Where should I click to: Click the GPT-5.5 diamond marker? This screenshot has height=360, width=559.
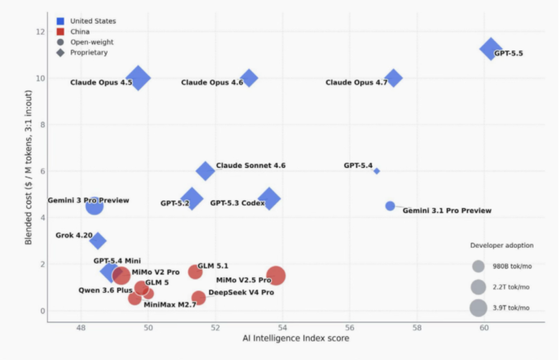click(491, 49)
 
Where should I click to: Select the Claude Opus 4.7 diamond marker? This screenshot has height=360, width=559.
click(393, 78)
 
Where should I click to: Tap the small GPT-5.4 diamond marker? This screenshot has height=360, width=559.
click(376, 171)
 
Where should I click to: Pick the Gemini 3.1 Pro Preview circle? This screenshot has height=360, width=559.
click(390, 206)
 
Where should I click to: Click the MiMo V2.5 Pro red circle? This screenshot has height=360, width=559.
click(276, 276)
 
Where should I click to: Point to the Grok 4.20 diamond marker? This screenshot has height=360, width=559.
click(98, 240)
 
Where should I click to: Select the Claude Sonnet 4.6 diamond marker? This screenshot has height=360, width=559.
click(205, 170)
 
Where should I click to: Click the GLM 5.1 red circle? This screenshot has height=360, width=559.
click(195, 272)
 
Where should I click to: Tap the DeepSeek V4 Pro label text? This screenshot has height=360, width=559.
click(241, 292)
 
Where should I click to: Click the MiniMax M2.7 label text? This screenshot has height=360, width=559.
click(170, 305)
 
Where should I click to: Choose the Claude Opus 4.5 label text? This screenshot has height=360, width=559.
click(101, 82)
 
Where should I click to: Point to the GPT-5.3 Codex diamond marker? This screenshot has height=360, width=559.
click(269, 198)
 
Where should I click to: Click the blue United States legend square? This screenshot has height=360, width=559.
click(60, 21)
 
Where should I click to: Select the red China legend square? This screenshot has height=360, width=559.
click(60, 31)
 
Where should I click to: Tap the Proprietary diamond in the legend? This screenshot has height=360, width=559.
click(60, 53)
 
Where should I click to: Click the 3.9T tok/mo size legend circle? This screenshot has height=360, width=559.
click(478, 307)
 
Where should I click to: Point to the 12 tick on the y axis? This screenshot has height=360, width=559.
click(40, 32)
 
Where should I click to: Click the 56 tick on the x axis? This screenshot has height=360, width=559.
click(350, 328)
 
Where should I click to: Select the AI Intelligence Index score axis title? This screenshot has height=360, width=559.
click(296, 338)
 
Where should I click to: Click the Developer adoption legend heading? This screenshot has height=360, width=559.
click(501, 245)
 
